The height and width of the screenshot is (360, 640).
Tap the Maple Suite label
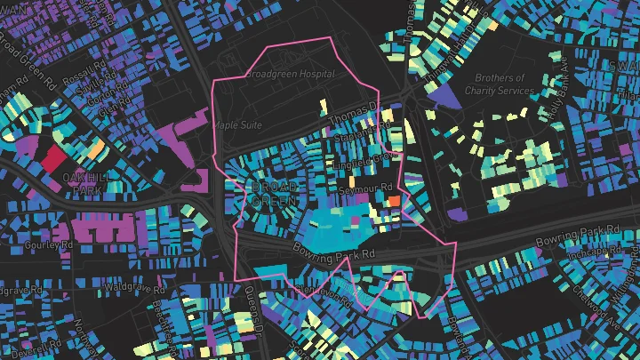click(236, 125)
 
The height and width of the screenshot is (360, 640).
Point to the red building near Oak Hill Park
click(51, 159)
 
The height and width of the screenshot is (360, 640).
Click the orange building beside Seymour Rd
click(392, 202)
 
